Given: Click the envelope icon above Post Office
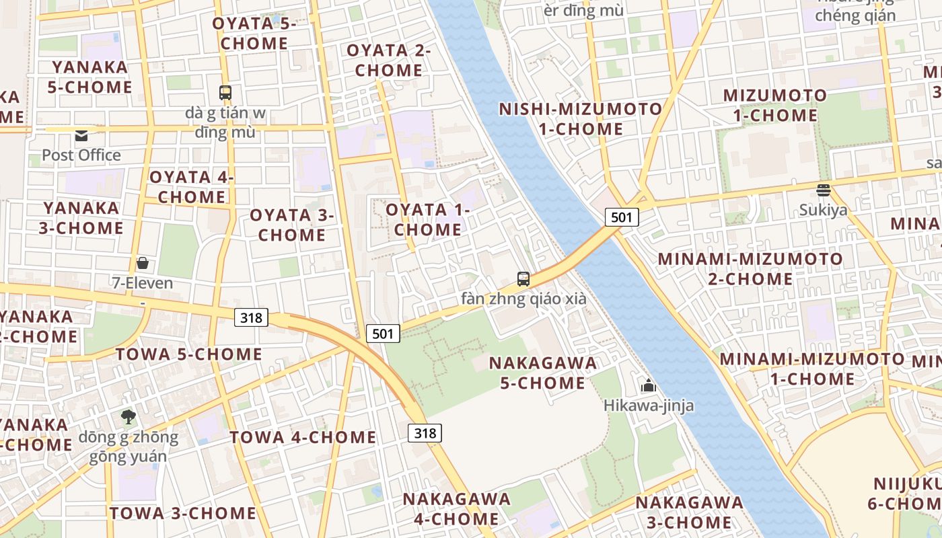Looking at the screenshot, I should [x=81, y=136].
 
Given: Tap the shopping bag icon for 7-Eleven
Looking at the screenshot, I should [x=142, y=263].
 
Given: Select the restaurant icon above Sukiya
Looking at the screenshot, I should [x=823, y=190].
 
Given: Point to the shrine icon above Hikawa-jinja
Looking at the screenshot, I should [x=649, y=385].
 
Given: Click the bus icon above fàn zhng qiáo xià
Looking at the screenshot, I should [x=523, y=278].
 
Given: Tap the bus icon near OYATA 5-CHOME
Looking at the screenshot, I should [x=225, y=93].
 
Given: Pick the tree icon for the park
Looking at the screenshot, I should [x=128, y=417].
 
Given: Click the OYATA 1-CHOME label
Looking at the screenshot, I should [x=427, y=219].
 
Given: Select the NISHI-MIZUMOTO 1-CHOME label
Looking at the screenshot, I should [x=581, y=118].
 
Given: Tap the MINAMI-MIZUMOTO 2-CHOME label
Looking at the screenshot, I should [x=750, y=268].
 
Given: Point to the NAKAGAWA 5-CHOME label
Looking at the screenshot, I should [x=543, y=373].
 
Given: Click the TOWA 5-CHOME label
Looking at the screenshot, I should [x=188, y=354].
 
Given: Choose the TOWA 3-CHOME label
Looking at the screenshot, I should [x=183, y=513].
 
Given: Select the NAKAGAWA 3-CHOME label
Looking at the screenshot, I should [x=689, y=512].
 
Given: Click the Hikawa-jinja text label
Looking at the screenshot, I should [x=648, y=406].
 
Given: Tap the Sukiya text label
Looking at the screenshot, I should [x=823, y=210].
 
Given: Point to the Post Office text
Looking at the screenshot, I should [x=81, y=155].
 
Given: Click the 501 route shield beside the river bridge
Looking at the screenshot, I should [x=621, y=217].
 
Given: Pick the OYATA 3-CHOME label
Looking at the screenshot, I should [x=292, y=225].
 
